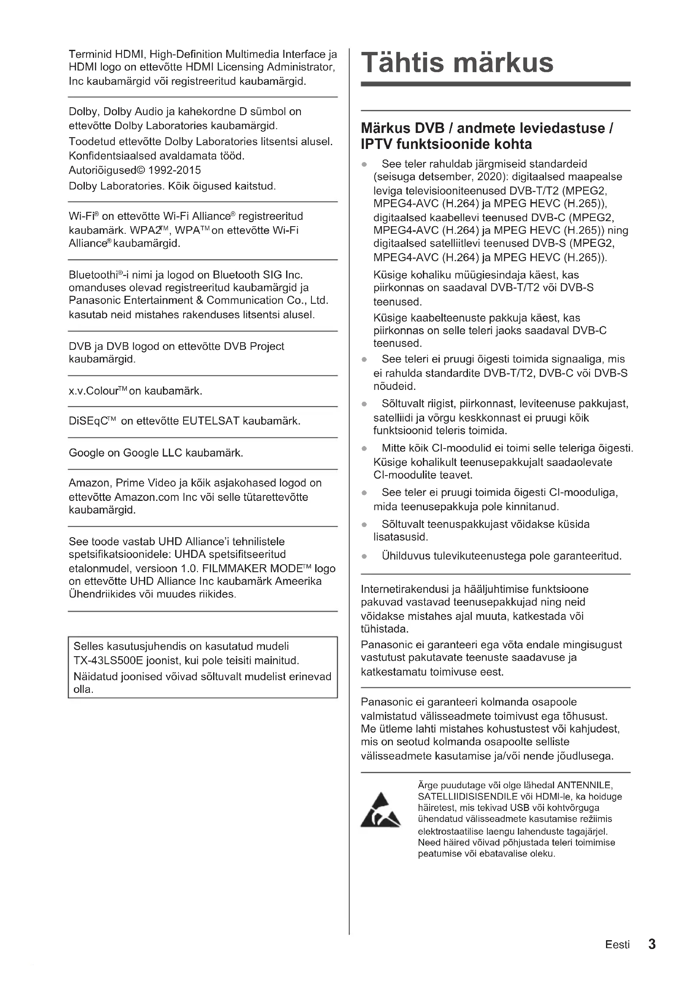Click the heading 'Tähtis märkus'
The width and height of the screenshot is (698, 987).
coord(457,63)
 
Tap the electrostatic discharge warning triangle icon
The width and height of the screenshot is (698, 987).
coord(380,811)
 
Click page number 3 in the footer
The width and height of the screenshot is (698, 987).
coord(652,944)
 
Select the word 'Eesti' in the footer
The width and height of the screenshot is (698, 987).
coord(617,944)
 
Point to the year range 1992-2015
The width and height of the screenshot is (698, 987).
coord(175,170)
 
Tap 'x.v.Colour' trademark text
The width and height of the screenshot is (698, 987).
coord(98,391)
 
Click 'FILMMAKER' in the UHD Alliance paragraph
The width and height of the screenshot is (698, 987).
coord(234,568)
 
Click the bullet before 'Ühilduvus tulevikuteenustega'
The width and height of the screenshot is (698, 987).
coord(365,557)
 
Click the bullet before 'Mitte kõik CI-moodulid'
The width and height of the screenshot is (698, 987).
coord(365,449)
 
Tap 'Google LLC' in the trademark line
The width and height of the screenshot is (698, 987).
coord(153,453)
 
